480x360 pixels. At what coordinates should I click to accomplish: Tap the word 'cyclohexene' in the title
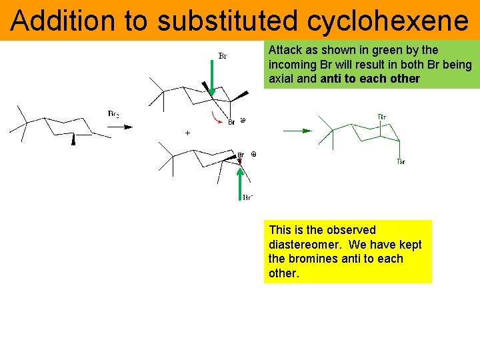click(x=388, y=21)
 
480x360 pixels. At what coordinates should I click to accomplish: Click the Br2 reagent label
click(x=113, y=114)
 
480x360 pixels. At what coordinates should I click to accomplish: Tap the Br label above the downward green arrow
click(x=223, y=56)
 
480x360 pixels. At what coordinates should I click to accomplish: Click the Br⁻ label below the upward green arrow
click(x=247, y=197)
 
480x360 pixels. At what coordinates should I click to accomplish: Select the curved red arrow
click(x=217, y=118)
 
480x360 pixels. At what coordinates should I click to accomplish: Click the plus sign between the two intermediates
click(x=187, y=133)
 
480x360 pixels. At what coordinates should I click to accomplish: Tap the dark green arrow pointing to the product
click(x=297, y=131)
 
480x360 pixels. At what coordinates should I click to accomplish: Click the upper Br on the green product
click(x=382, y=117)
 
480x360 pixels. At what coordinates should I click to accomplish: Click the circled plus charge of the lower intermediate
click(x=253, y=155)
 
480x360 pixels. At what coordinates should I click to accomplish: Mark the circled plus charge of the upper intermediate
click(x=243, y=121)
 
